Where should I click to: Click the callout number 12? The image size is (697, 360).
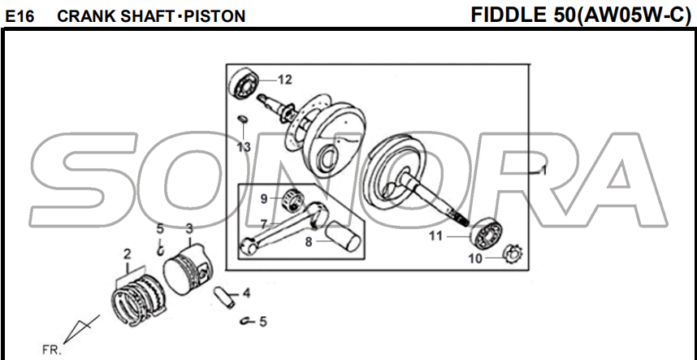284,80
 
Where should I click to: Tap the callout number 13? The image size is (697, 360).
244,147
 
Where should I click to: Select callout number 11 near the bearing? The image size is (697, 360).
436,236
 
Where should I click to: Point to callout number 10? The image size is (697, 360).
474,258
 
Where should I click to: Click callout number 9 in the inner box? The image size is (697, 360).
264,198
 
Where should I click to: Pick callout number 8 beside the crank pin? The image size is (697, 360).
309,241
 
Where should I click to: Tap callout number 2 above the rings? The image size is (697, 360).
127,254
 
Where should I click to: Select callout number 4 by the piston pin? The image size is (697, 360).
246,293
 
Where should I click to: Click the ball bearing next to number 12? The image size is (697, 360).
246,83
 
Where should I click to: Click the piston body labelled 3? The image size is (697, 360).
188,267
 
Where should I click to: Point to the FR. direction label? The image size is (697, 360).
52,350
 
